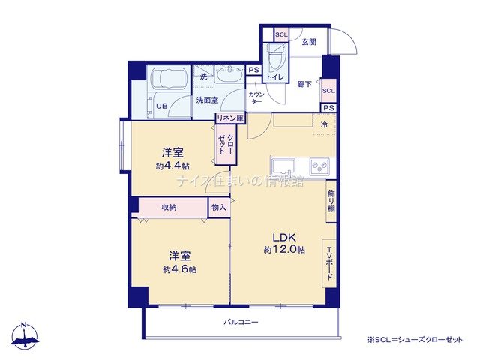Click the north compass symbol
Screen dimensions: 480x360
point(25,336)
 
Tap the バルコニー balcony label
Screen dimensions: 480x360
point(241,322)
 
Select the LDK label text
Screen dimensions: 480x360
point(284,237)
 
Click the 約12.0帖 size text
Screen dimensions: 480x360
point(284,250)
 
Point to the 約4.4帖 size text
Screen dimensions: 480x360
point(172,166)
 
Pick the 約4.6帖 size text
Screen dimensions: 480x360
point(180,269)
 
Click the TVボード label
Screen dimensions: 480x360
point(330,263)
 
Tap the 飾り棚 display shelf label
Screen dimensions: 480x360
point(331,201)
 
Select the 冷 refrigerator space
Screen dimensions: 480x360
point(325,124)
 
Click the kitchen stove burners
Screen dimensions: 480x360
point(319,166)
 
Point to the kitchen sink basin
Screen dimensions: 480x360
point(284,167)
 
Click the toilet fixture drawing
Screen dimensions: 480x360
point(276,57)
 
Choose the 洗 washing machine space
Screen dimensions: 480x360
point(203,76)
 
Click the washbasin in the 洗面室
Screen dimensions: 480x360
point(229,74)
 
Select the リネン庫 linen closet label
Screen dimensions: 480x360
point(230,118)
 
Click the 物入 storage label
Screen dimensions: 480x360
point(219,208)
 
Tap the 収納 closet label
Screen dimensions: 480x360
point(169,208)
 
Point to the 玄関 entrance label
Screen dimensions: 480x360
point(309,42)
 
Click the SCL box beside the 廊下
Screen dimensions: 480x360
point(328,91)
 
